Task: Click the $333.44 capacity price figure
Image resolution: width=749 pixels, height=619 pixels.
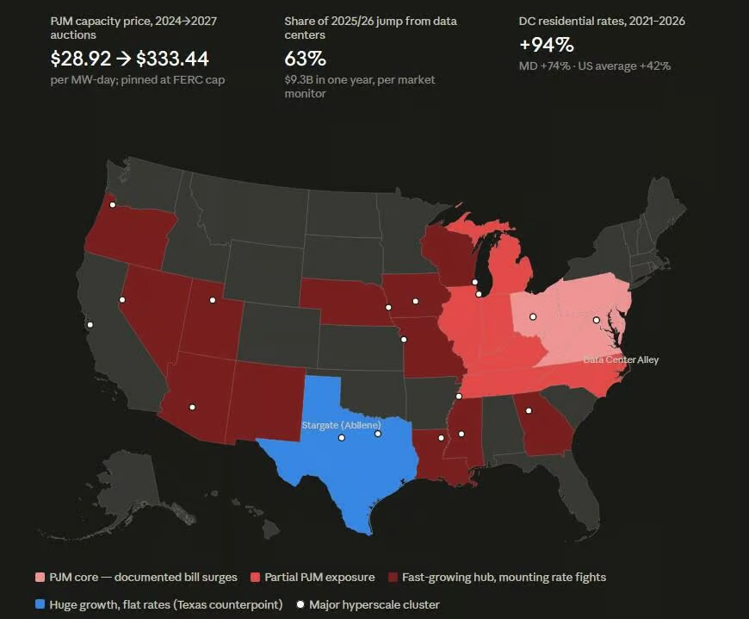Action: tap(172, 59)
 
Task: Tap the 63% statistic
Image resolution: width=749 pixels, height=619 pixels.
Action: tap(306, 59)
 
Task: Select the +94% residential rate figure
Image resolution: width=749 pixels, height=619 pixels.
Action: tap(547, 45)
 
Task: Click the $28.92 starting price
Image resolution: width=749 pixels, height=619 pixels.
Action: tap(81, 59)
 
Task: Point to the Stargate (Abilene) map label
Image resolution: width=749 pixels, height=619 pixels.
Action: tap(342, 425)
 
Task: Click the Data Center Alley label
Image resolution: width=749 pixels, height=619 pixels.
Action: tap(621, 360)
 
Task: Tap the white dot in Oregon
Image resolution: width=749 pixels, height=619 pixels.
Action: tap(113, 204)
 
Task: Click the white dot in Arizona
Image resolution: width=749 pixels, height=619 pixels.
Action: tap(192, 407)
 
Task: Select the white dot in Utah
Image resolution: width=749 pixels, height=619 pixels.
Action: tap(213, 300)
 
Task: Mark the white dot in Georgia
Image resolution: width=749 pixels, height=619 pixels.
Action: tap(529, 410)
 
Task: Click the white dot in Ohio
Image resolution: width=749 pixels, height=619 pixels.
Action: tap(533, 316)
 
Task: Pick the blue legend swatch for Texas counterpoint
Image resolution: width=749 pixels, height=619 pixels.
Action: tap(40, 604)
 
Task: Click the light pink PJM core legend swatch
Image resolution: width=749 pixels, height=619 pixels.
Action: tap(40, 577)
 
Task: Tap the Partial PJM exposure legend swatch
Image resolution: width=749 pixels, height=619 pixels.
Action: tap(255, 577)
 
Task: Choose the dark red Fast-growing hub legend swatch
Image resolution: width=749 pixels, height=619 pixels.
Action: tap(393, 577)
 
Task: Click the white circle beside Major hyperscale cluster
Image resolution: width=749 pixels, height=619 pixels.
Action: tap(300, 604)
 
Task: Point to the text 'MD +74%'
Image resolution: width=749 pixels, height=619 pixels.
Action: tap(545, 66)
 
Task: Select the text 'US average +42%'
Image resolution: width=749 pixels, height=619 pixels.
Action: tap(625, 66)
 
